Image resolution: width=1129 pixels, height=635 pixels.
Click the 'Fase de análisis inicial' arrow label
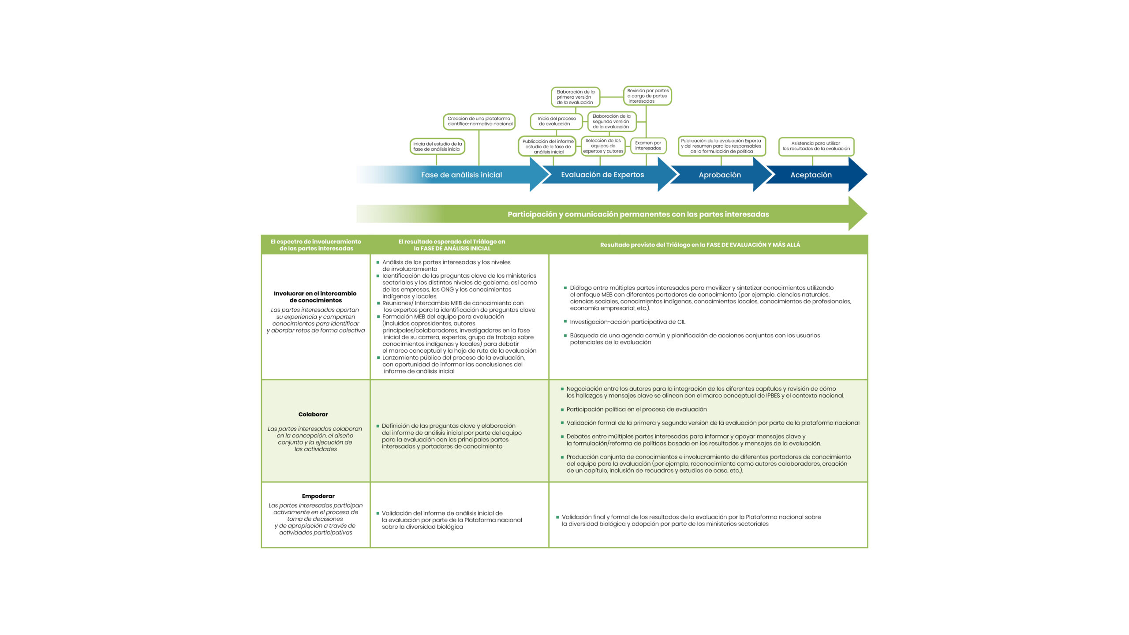(461, 175)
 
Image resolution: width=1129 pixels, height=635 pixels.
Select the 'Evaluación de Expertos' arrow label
(602, 175)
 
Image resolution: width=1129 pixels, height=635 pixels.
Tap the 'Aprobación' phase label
(720, 175)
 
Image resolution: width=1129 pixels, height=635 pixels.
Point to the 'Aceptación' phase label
(811, 175)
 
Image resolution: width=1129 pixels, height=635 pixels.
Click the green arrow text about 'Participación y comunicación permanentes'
(638, 214)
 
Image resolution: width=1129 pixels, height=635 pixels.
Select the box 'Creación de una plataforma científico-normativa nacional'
(479, 121)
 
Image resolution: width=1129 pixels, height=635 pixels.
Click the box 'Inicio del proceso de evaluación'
(557, 121)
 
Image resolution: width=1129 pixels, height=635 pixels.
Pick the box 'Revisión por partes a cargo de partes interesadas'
(647, 96)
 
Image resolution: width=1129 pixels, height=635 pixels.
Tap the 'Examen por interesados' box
(648, 146)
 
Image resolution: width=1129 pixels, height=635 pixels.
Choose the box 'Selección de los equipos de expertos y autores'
(603, 146)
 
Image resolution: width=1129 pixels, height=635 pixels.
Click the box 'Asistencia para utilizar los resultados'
(816, 146)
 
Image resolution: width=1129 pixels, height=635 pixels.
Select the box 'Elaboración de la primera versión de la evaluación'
(575, 97)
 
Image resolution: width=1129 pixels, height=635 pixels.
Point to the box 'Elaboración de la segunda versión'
(611, 121)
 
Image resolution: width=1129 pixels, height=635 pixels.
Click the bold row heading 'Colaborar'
(313, 415)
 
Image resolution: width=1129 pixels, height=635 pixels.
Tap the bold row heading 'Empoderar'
(318, 496)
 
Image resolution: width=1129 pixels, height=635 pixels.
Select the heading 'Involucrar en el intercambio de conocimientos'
(315, 297)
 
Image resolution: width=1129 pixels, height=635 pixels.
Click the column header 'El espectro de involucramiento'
(316, 245)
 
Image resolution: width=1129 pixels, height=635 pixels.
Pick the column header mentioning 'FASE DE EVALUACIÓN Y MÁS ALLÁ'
(700, 245)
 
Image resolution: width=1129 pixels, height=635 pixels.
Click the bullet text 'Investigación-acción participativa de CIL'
(628, 322)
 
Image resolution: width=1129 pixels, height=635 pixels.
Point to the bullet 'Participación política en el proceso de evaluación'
(636, 409)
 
